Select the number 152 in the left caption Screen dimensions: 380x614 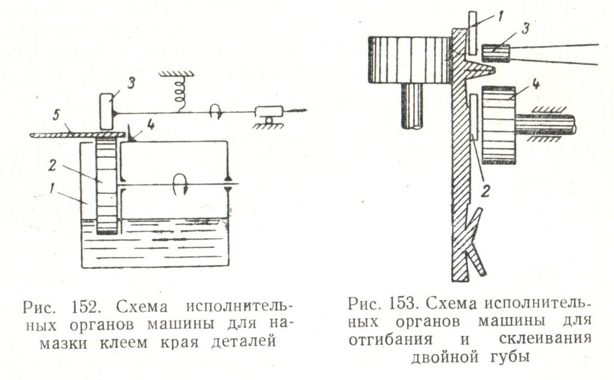[95, 307]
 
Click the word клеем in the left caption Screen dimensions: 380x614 [138, 343]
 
